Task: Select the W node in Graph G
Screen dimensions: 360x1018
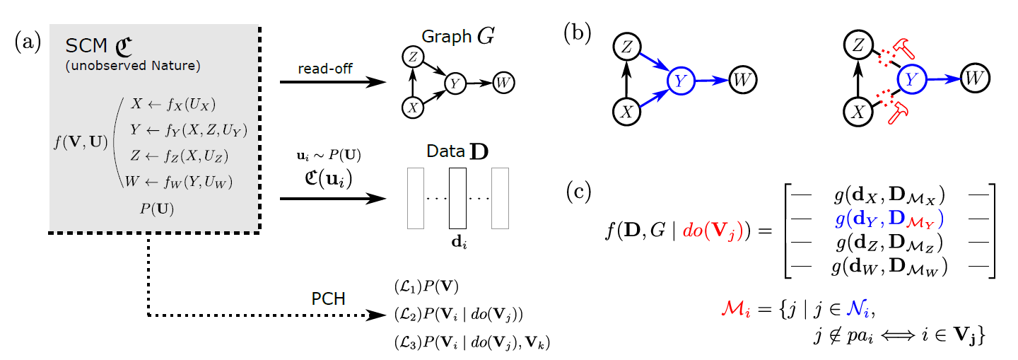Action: coord(503,82)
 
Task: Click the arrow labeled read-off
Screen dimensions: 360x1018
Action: coord(334,82)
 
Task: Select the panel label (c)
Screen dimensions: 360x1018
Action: coord(581,193)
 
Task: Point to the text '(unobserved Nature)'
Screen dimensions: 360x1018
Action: coord(133,67)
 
